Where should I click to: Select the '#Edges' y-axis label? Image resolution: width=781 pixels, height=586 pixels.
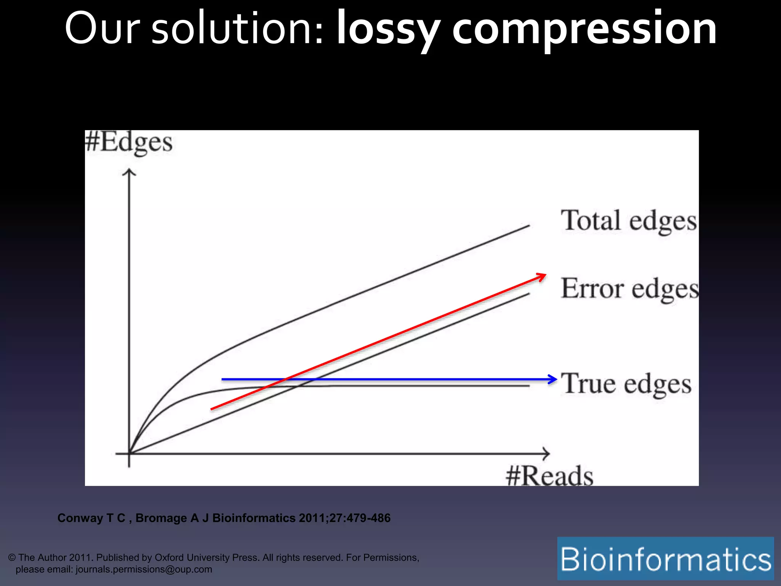pos(129,143)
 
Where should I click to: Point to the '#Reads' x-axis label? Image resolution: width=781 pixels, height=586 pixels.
pos(550,476)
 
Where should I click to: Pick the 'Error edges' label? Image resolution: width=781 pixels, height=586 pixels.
pos(630,289)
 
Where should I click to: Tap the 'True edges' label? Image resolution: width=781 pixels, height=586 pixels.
pos(626,384)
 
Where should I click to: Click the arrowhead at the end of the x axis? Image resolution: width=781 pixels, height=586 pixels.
pos(546,454)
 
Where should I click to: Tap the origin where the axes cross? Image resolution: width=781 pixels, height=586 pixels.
pos(129,454)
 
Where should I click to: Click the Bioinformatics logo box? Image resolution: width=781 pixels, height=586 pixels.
pos(665,559)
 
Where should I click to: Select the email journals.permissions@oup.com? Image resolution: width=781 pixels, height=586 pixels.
pos(144,569)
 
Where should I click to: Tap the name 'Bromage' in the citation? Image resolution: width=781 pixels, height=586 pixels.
pos(161,518)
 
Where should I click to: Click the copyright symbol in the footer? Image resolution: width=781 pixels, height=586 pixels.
pos(12,558)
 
